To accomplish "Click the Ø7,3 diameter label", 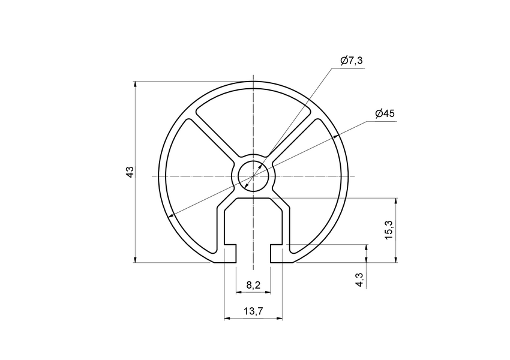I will [351, 61].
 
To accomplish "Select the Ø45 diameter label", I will [384, 113].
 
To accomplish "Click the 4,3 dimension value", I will [359, 279].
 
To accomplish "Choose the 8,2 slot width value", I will [253, 286].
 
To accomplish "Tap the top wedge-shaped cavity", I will [254, 120].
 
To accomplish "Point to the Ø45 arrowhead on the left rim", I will [172, 215].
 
